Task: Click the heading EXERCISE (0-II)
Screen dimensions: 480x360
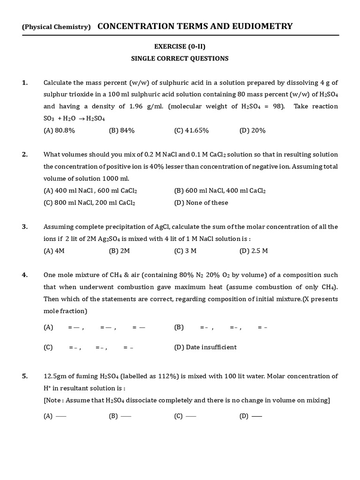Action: tap(180, 46)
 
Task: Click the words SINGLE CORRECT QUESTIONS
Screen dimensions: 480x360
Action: tap(180, 59)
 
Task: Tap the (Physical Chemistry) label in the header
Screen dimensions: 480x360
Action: tap(56, 27)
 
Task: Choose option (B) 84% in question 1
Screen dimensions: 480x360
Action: tap(121, 131)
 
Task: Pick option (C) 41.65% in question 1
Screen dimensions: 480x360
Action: tap(191, 131)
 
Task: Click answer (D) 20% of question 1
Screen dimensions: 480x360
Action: tap(252, 131)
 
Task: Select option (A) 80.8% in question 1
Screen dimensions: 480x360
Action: tap(59, 131)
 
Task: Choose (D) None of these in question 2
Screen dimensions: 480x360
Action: tap(201, 203)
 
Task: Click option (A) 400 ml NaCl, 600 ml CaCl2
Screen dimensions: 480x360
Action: tap(90, 191)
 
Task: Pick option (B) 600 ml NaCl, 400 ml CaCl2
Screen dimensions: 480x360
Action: tap(220, 191)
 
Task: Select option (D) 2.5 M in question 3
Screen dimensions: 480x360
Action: tap(254, 251)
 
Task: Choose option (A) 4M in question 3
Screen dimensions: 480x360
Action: tap(54, 251)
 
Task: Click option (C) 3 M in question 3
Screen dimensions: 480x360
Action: tap(185, 251)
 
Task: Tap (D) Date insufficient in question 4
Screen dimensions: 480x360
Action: tap(205, 347)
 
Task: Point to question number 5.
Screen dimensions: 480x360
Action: tap(24, 376)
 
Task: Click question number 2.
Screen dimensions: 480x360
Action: tap(24, 155)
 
